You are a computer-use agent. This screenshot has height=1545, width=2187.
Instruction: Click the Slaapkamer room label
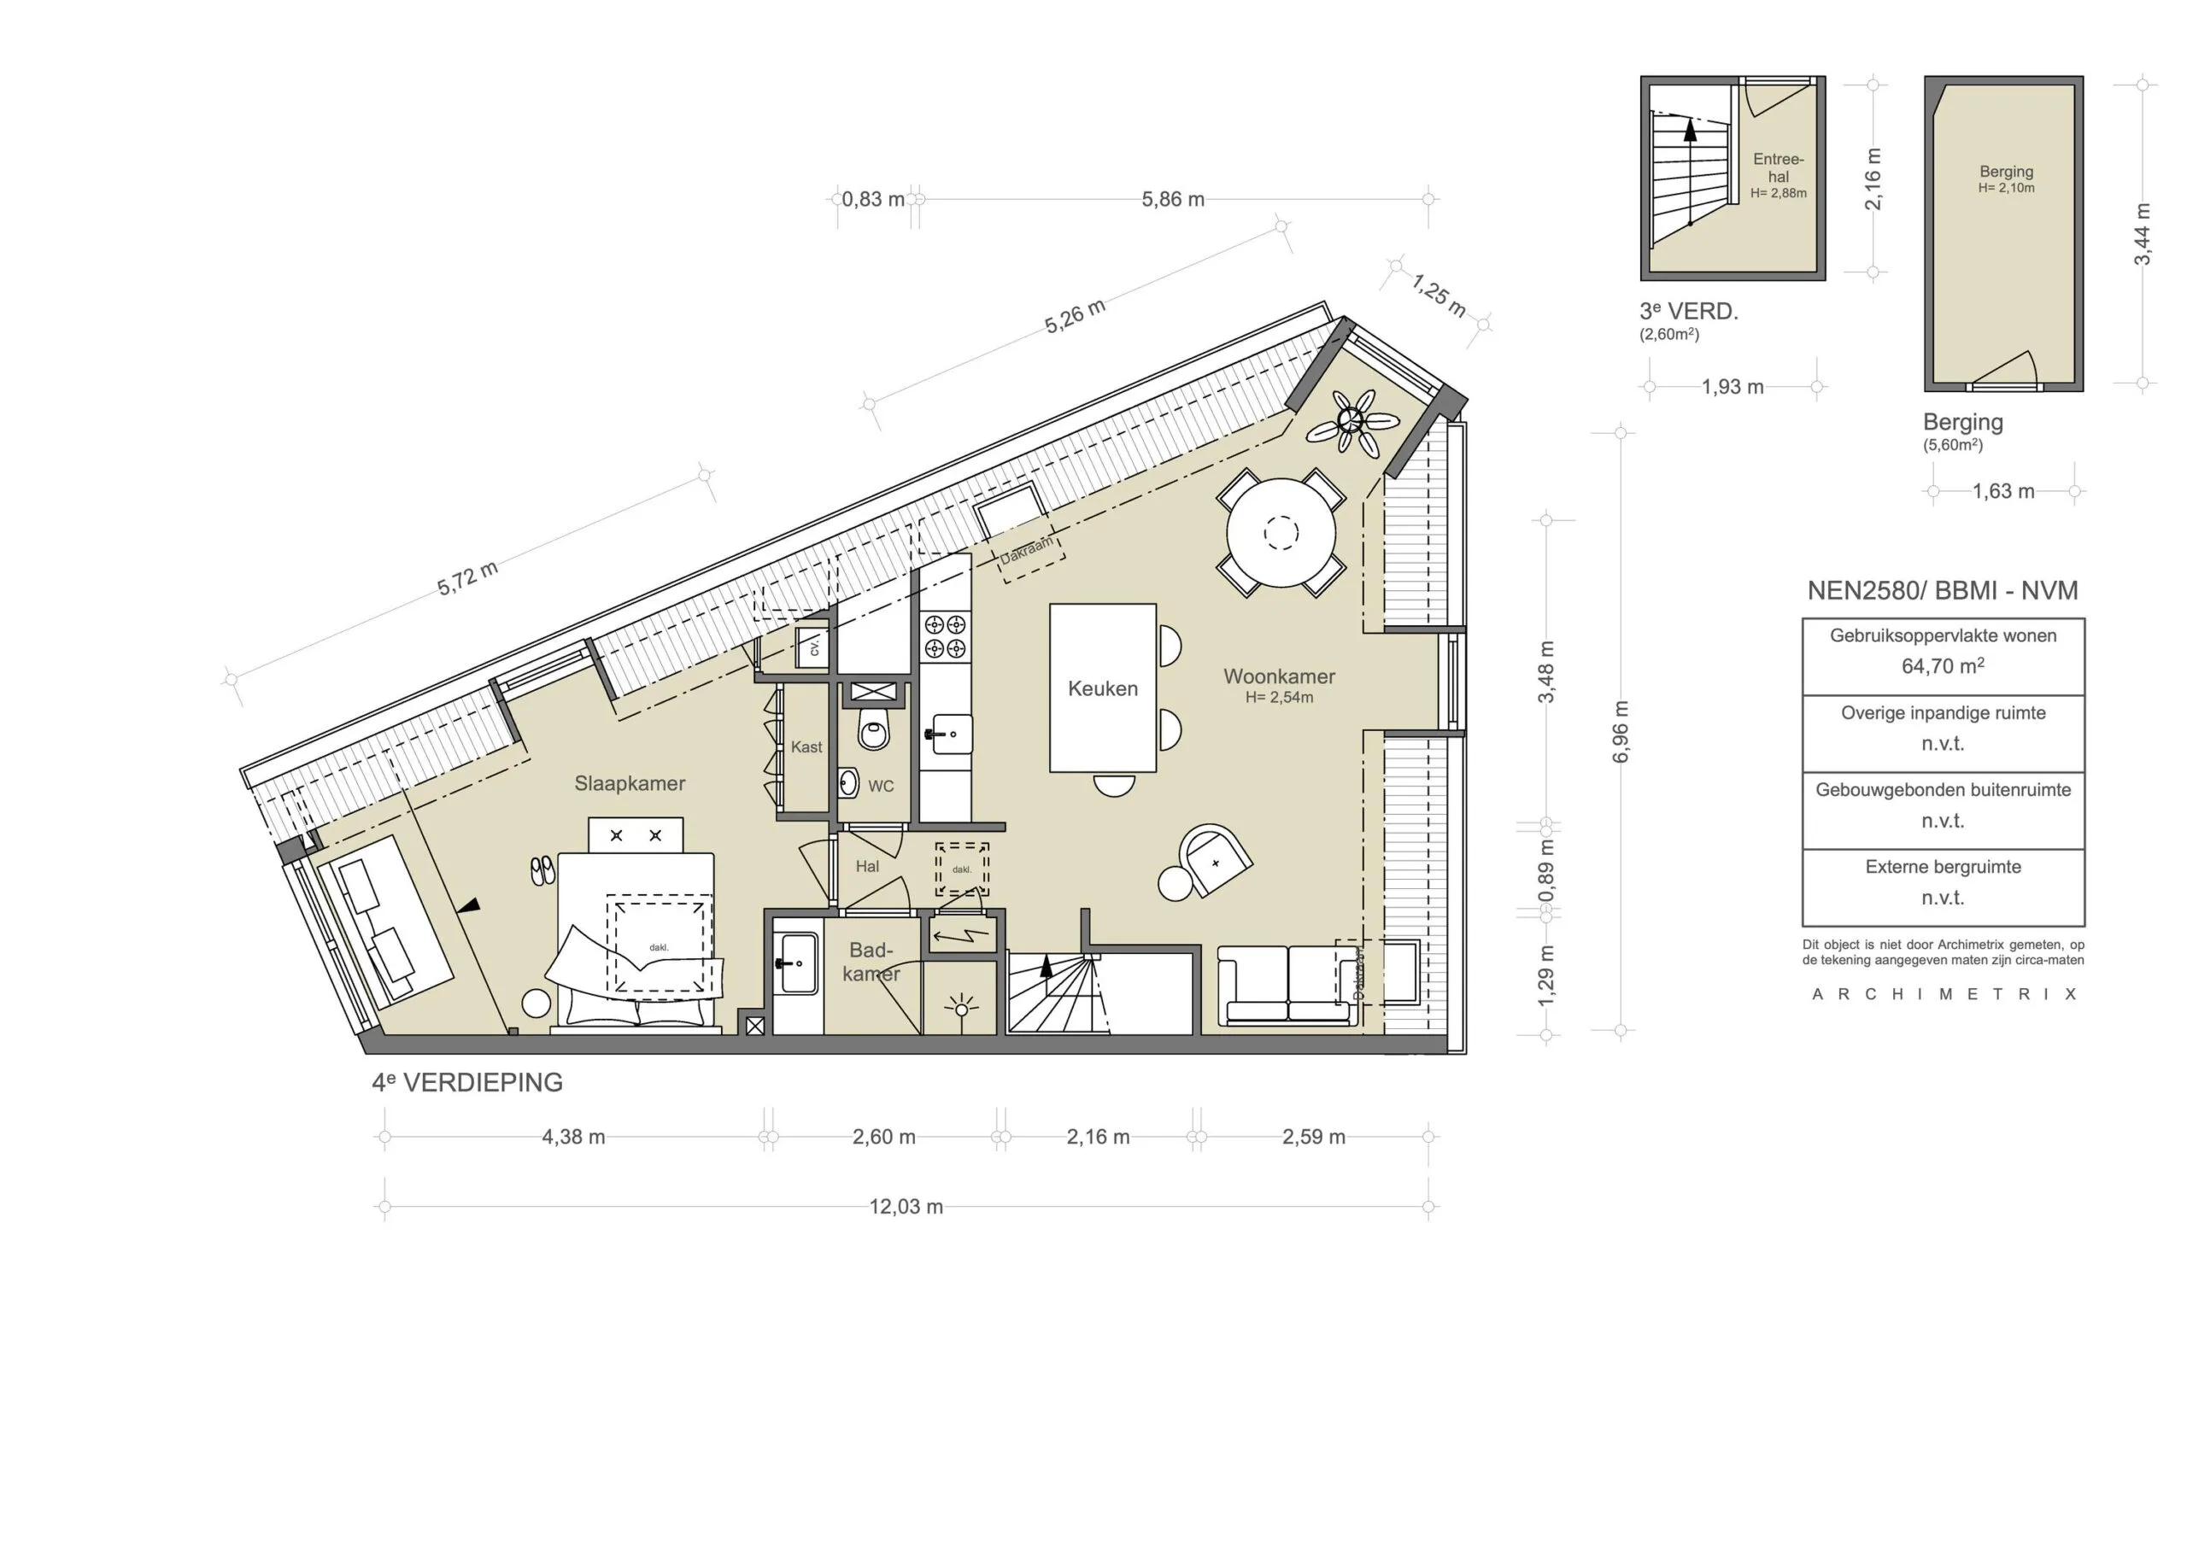630,783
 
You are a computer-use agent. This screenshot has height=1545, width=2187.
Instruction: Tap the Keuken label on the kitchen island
1102,688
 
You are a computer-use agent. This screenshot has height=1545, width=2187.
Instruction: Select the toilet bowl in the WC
872,730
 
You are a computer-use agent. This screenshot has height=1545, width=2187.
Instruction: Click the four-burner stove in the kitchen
945,636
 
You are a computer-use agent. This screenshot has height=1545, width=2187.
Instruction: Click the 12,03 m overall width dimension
906,1207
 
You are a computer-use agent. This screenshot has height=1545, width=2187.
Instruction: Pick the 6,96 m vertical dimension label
1621,730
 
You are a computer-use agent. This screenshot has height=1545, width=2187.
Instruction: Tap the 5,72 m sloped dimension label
467,579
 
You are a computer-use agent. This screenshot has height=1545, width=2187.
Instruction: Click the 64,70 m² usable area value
1942,667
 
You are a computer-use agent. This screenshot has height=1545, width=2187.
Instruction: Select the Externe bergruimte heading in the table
1942,867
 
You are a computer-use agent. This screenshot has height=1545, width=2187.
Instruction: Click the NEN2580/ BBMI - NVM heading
1942,590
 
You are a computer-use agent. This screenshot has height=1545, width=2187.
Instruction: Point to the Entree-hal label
1779,167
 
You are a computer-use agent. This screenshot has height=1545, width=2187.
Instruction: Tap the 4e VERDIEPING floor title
467,1083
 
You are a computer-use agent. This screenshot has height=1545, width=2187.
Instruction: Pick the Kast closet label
806,746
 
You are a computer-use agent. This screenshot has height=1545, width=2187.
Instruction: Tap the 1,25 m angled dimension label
1439,296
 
